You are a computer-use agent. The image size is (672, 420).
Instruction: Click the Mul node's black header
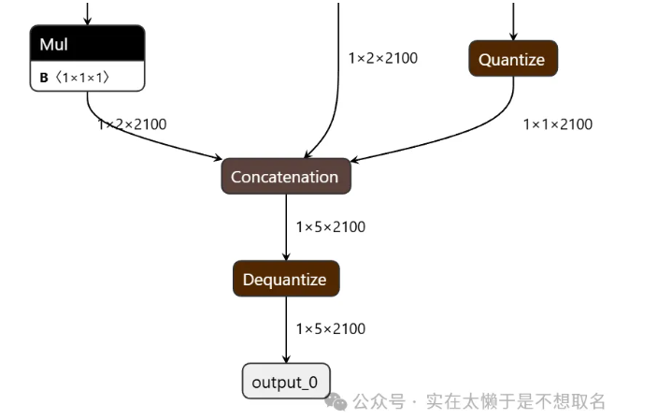tap(87, 44)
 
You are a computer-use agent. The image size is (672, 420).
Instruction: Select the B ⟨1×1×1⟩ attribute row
tap(87, 78)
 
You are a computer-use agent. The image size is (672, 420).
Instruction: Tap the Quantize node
tap(512, 59)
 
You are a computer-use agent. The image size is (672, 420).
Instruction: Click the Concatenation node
tap(285, 177)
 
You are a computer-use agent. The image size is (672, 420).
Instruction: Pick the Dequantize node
tap(285, 279)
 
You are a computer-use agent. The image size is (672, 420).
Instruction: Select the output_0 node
tap(285, 382)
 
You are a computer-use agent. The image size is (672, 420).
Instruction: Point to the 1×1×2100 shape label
tap(557, 124)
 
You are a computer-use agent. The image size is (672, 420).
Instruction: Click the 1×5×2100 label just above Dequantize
tap(330, 226)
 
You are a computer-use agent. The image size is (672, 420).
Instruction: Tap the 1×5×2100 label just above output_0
tap(330, 328)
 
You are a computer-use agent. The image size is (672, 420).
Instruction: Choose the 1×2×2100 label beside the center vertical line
tap(382, 58)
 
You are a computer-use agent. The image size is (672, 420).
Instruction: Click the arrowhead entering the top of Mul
tap(88, 20)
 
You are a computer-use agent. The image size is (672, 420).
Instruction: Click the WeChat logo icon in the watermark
tap(336, 401)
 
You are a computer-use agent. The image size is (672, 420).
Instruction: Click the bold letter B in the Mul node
tap(44, 79)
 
